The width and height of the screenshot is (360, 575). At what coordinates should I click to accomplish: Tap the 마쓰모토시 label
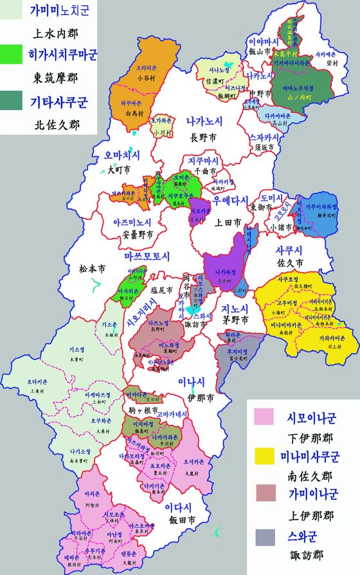tap(147, 257)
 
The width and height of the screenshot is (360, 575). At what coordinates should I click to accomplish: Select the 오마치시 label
tap(113, 156)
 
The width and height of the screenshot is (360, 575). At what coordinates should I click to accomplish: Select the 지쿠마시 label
tap(204, 160)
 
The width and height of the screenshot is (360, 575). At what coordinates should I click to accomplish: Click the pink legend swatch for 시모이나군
tap(265, 417)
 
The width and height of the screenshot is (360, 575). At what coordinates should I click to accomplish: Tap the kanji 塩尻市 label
tap(161, 290)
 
